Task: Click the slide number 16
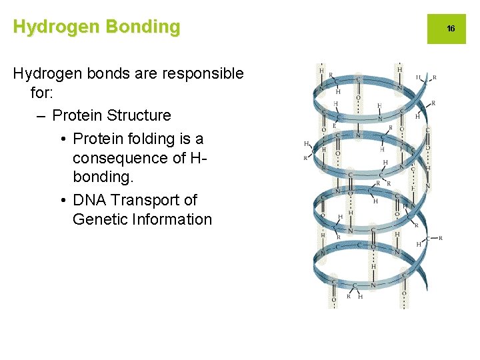(451, 29)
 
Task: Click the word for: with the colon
(41, 94)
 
